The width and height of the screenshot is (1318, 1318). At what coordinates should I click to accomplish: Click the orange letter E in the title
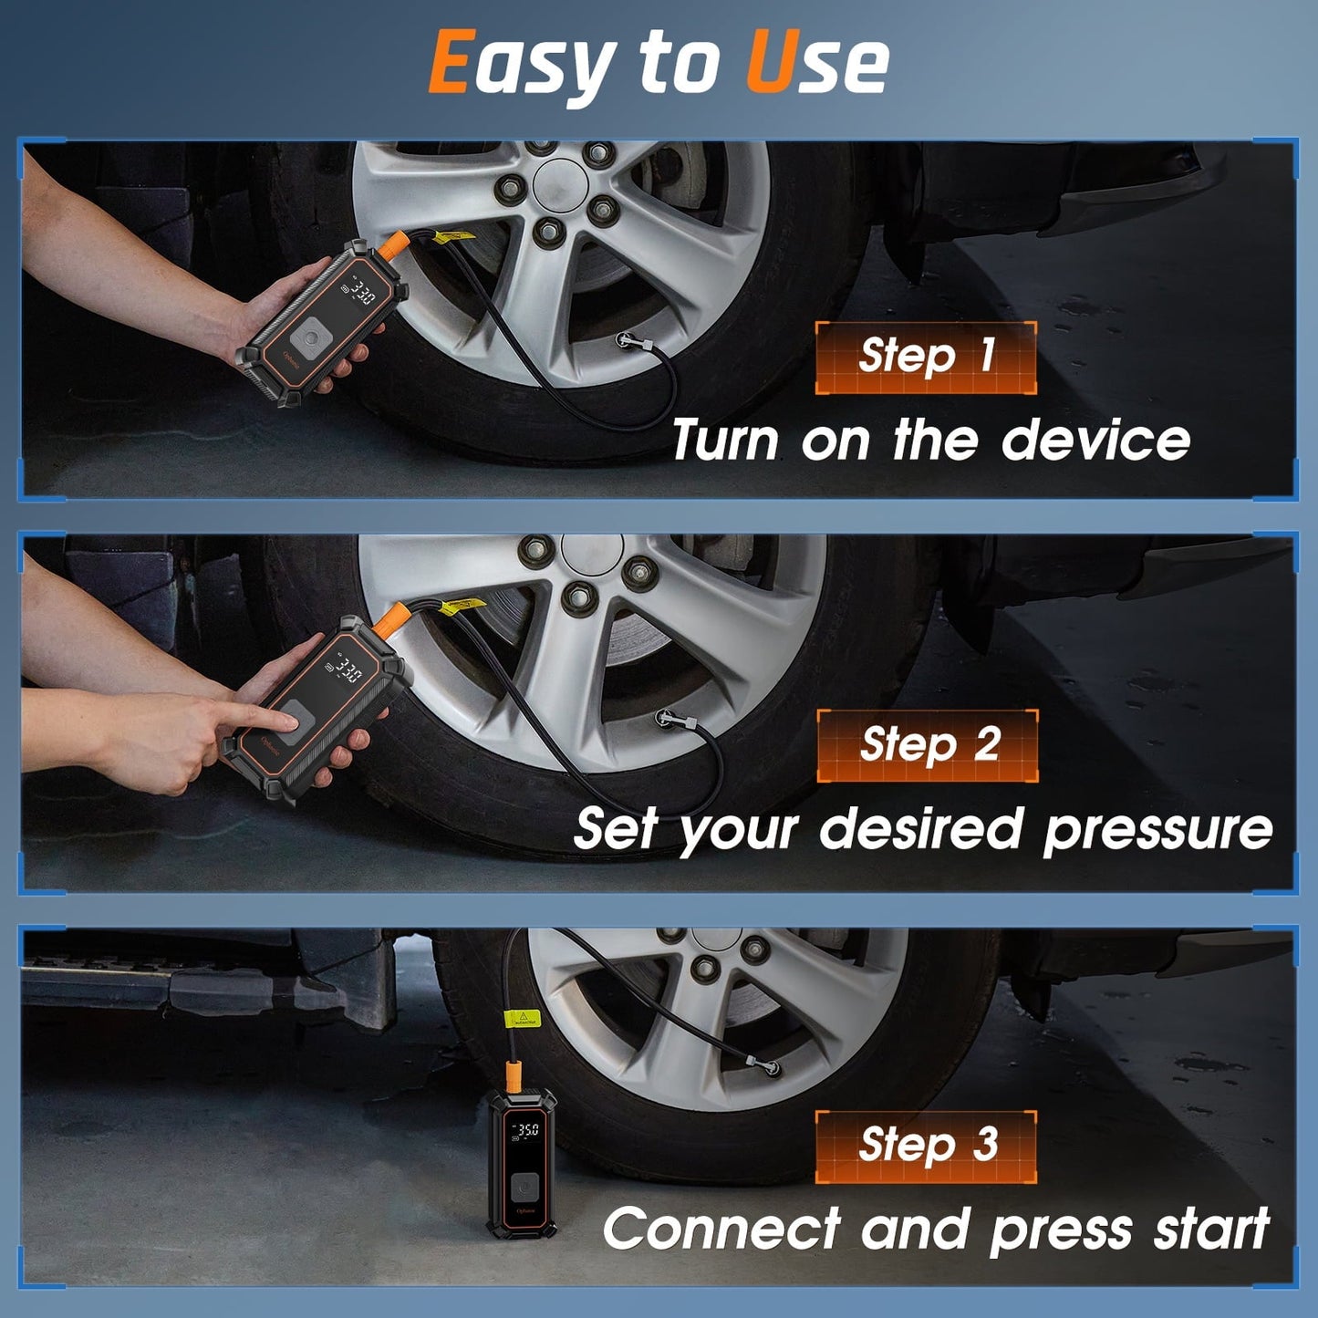449,62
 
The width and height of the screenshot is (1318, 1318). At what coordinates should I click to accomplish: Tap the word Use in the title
816,62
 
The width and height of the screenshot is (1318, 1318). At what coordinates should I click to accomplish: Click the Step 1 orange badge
925,357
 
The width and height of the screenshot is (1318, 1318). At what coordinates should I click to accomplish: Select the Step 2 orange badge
927,745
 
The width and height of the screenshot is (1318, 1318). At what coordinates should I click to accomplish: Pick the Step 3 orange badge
926,1146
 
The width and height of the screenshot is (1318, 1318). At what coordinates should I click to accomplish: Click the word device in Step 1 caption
1095,441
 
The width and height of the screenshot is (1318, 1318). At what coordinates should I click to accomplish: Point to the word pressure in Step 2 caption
1157,830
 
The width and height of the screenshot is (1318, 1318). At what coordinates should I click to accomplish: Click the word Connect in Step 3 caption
721,1229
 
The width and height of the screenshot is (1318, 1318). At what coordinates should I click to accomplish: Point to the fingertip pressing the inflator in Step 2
293,722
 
